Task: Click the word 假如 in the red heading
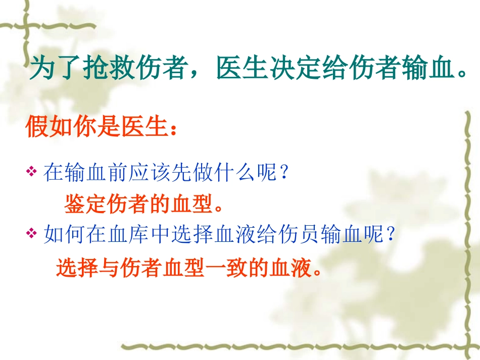[x=51, y=128]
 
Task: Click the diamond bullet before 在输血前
[x=32, y=173]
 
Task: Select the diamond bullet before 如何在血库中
[x=32, y=233]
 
